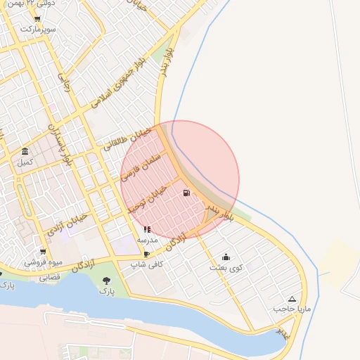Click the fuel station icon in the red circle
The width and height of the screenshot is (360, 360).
pyautogui.click(x=186, y=193)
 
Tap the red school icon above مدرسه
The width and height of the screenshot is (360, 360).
pyautogui.click(x=147, y=229)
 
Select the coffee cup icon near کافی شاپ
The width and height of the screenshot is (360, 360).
pyautogui.click(x=146, y=254)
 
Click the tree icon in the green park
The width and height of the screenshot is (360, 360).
pyautogui.click(x=106, y=280)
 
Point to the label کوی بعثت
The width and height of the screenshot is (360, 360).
pyautogui.click(x=224, y=268)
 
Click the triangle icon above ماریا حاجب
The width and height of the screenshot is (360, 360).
pyautogui.click(x=292, y=299)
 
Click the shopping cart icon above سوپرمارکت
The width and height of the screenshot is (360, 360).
pyautogui.click(x=37, y=19)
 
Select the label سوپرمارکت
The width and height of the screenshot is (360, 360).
pyautogui.click(x=37, y=30)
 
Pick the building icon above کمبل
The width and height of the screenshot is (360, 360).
pyautogui.click(x=25, y=153)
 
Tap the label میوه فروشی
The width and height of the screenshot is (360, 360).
pyautogui.click(x=44, y=262)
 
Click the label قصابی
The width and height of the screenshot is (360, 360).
pyautogui.click(x=49, y=278)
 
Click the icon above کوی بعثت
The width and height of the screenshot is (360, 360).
pyautogui.click(x=225, y=257)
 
